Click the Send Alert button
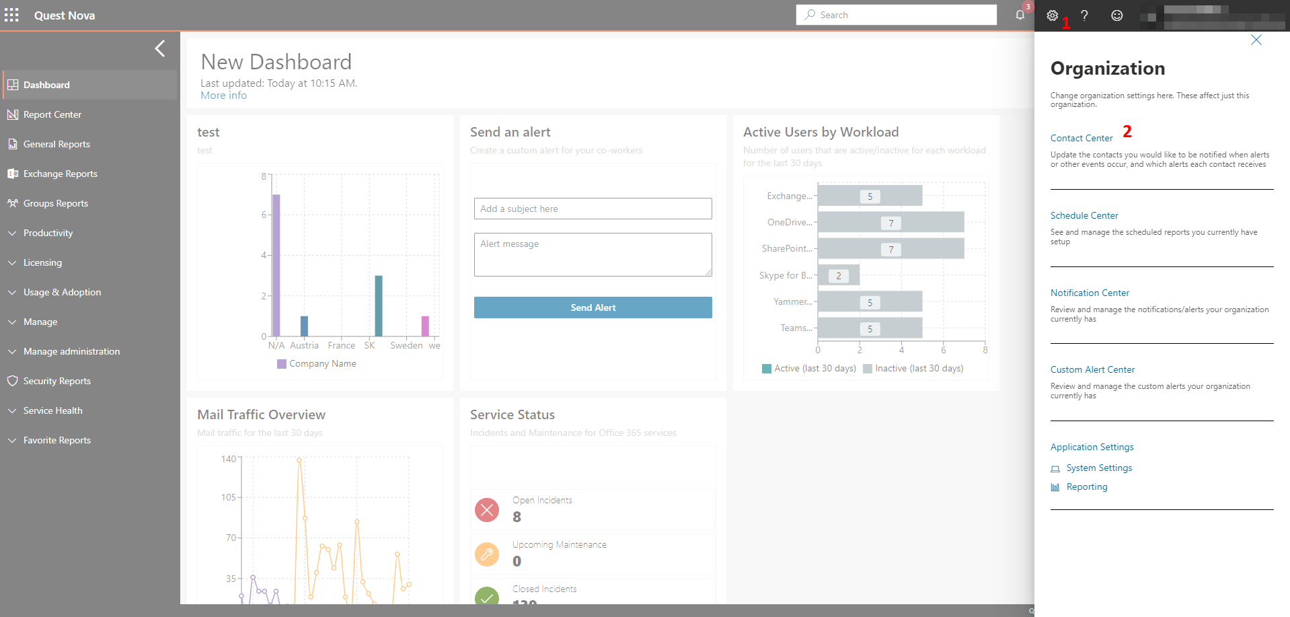click(x=593, y=307)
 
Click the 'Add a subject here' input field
click(x=593, y=209)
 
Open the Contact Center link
click(x=1082, y=138)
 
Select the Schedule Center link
click(x=1084, y=215)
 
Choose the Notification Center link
click(x=1090, y=293)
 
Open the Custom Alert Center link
click(x=1092, y=369)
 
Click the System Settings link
click(x=1099, y=468)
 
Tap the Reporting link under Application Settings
click(x=1087, y=486)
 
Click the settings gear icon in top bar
click(x=1053, y=15)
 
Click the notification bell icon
click(x=1020, y=15)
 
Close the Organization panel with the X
click(x=1256, y=40)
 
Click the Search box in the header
click(x=896, y=15)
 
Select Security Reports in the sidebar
click(x=57, y=381)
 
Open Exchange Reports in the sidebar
click(x=61, y=174)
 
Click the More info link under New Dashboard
click(x=223, y=96)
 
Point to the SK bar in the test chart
click(x=379, y=306)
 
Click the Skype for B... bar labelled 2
click(x=838, y=275)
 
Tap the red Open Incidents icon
click(x=487, y=510)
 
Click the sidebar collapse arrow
click(x=160, y=48)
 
